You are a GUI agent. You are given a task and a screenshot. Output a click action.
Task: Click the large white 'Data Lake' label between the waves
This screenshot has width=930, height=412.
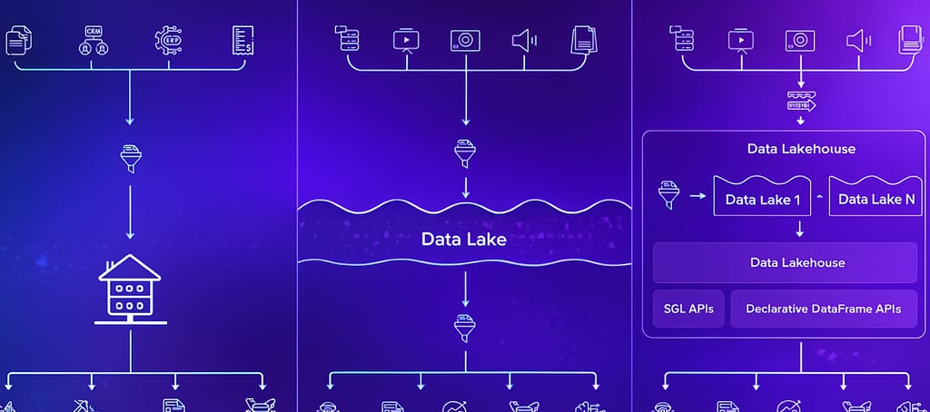coord(464,240)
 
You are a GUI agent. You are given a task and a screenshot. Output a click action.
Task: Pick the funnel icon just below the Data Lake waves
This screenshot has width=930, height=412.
coord(465,325)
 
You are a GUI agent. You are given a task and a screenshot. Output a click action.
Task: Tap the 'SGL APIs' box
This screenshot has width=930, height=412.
coord(688,309)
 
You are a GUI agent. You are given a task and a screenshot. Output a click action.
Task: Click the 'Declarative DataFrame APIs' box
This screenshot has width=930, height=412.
coord(823,309)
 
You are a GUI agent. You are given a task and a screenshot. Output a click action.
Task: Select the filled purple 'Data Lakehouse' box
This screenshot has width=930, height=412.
coord(785,262)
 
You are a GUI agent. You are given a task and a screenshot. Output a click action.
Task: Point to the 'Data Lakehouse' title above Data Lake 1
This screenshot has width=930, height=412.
coord(800,149)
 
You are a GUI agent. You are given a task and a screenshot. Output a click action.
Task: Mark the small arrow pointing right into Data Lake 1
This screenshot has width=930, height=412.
coord(697,194)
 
